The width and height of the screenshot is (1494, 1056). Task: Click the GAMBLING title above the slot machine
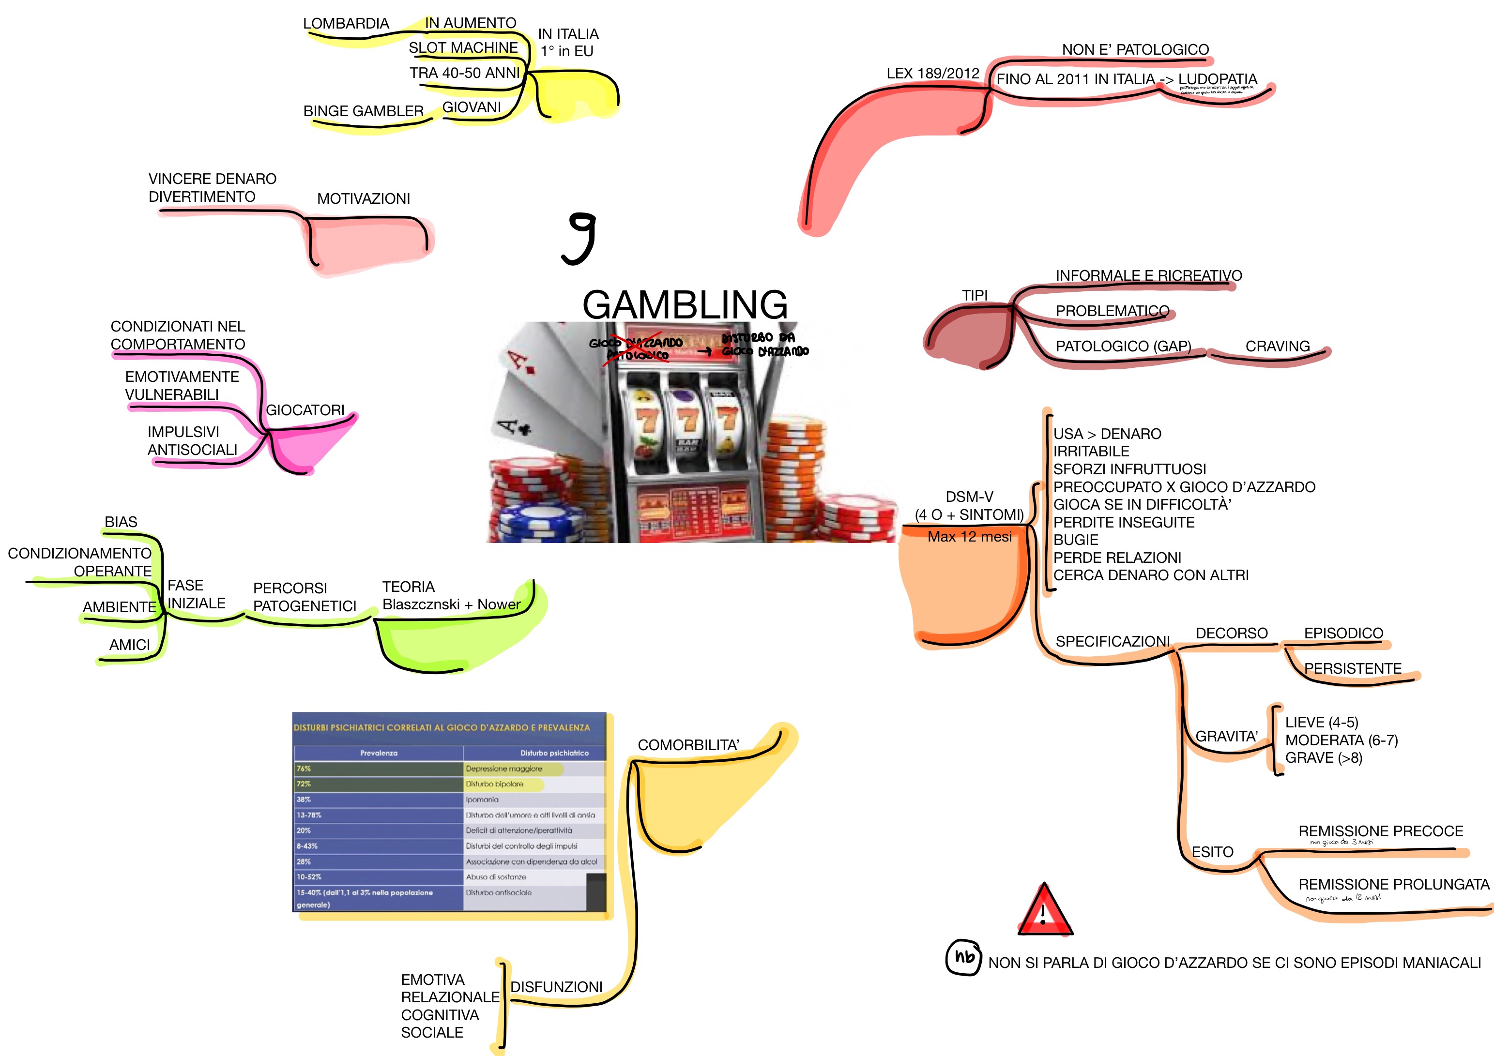[685, 304]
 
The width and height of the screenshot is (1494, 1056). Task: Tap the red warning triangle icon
[1044, 911]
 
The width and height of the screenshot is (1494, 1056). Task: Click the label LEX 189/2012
[932, 74]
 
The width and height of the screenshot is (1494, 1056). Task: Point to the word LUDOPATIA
[1218, 79]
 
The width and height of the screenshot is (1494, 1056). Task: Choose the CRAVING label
[1277, 346]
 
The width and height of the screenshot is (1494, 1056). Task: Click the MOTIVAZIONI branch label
[363, 198]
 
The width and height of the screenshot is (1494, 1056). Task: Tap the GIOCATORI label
[305, 410]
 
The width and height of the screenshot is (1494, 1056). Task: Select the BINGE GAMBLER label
[363, 111]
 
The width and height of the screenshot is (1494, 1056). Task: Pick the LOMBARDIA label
[346, 23]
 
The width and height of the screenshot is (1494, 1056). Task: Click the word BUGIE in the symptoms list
[1076, 540]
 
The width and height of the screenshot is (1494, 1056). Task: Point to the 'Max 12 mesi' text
[969, 537]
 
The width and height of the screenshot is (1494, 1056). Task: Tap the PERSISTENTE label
[1352, 668]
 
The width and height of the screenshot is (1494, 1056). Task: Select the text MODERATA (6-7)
[1341, 740]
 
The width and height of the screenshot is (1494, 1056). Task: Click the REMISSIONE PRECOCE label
[1380, 831]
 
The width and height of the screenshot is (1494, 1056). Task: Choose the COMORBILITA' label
[688, 745]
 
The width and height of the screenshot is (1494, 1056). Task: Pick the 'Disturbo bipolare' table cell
[494, 784]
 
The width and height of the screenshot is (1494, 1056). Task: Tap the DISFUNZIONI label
[556, 986]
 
